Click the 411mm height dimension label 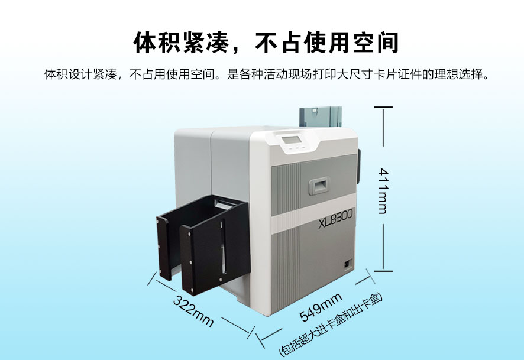[383, 191]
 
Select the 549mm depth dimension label [321, 307]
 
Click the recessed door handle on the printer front [319, 186]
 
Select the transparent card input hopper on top [320, 117]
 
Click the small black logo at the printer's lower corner [347, 263]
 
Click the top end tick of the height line [383, 107]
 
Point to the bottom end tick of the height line [383, 271]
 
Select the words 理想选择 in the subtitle [458, 74]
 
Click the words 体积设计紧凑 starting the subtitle [80, 74]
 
